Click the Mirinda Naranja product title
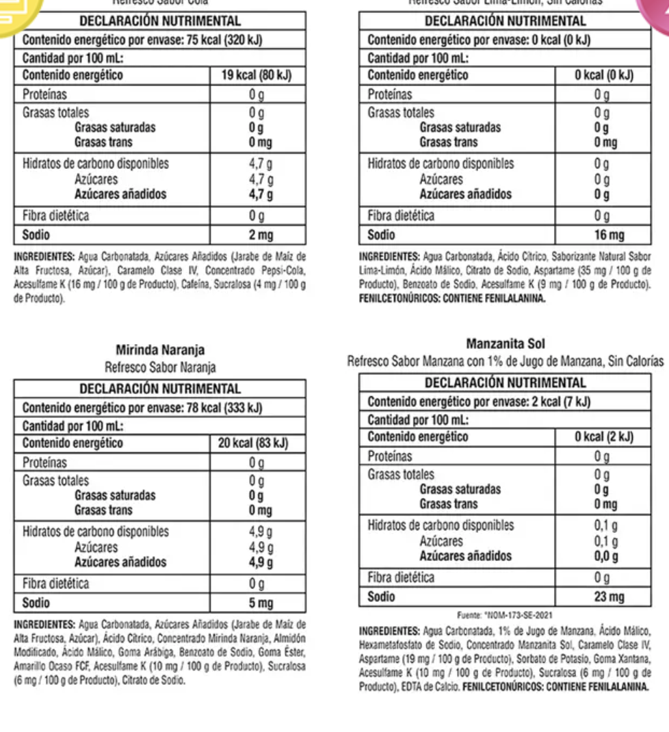160,351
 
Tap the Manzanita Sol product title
506,343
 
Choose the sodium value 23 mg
608,597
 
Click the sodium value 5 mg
261,603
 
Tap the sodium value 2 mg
261,235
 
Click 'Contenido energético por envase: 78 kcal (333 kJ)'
142,409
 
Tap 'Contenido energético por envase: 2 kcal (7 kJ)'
479,402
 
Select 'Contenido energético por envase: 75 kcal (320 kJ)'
142,40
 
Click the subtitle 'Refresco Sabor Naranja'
160,367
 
